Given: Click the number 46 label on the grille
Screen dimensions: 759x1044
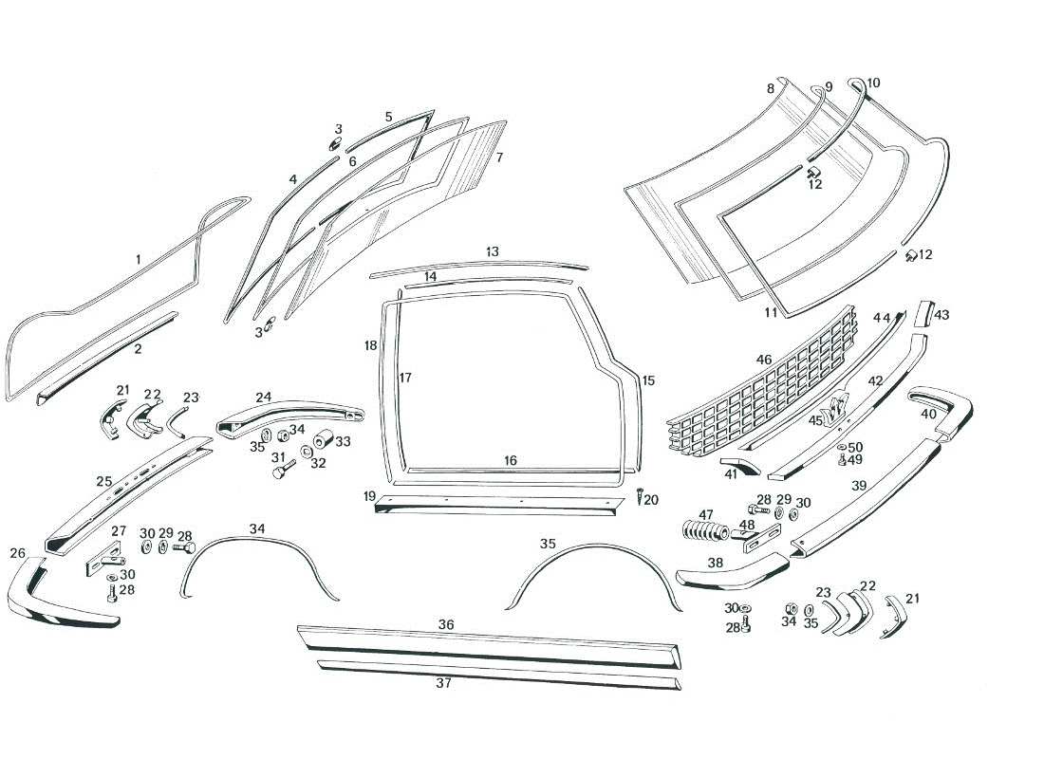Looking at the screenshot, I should (764, 361).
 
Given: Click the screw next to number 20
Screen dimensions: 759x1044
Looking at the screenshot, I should (641, 496).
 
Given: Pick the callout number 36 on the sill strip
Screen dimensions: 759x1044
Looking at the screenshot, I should (446, 625).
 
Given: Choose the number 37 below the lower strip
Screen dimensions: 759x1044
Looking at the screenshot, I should (443, 683).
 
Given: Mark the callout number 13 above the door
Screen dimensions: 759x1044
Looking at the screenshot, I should (492, 252).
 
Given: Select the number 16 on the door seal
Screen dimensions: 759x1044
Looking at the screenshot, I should (511, 461).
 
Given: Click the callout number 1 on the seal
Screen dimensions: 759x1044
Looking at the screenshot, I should (138, 259).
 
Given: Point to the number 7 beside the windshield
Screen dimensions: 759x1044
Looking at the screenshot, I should (499, 157).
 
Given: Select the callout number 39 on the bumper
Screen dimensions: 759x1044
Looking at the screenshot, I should (859, 486).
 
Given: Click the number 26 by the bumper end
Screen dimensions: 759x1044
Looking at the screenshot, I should (18, 553).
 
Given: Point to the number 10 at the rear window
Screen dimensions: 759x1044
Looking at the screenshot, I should (873, 83).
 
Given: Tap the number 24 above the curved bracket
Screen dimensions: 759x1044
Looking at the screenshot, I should (263, 398).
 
